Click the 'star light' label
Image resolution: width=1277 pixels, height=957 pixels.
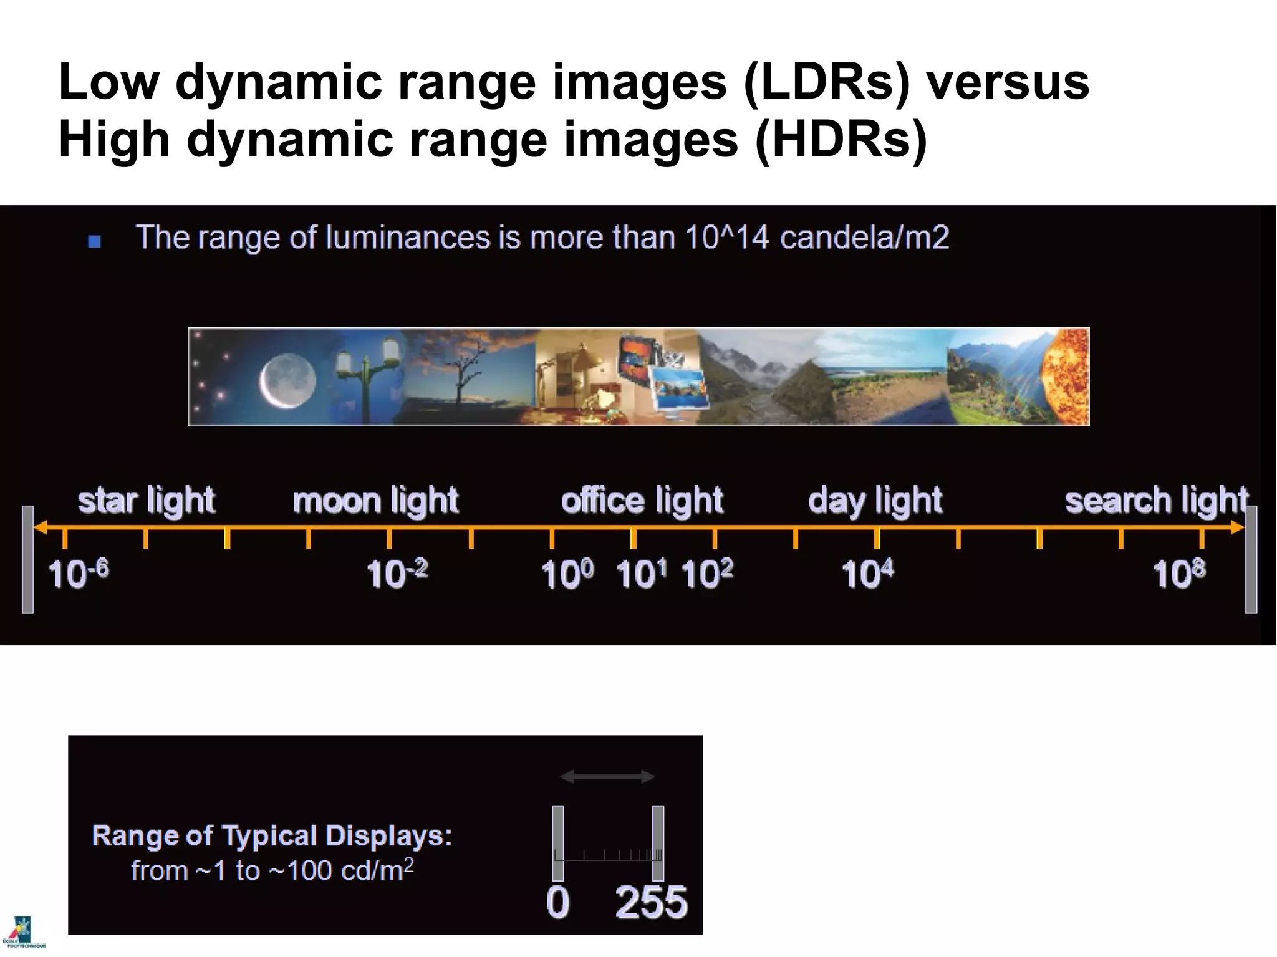click(x=146, y=501)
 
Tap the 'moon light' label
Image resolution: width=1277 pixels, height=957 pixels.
click(x=375, y=501)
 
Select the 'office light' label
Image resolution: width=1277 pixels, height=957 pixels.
click(x=642, y=501)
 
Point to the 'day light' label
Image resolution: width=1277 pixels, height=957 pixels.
click(x=875, y=501)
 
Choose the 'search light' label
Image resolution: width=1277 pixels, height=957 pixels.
click(x=1156, y=501)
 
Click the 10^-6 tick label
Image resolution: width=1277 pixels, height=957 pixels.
click(x=79, y=573)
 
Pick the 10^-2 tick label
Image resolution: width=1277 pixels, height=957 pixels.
click(x=397, y=573)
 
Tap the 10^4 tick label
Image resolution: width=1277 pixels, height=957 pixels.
click(x=867, y=573)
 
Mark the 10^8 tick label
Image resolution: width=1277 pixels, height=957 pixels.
click(x=1178, y=573)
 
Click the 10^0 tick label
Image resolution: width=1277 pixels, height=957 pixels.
click(x=567, y=573)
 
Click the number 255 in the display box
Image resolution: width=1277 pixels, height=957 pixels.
click(x=651, y=902)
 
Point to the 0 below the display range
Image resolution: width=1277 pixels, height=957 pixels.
click(x=557, y=902)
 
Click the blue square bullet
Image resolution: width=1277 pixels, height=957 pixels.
click(x=95, y=241)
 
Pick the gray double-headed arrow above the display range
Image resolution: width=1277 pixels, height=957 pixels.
click(x=607, y=777)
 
